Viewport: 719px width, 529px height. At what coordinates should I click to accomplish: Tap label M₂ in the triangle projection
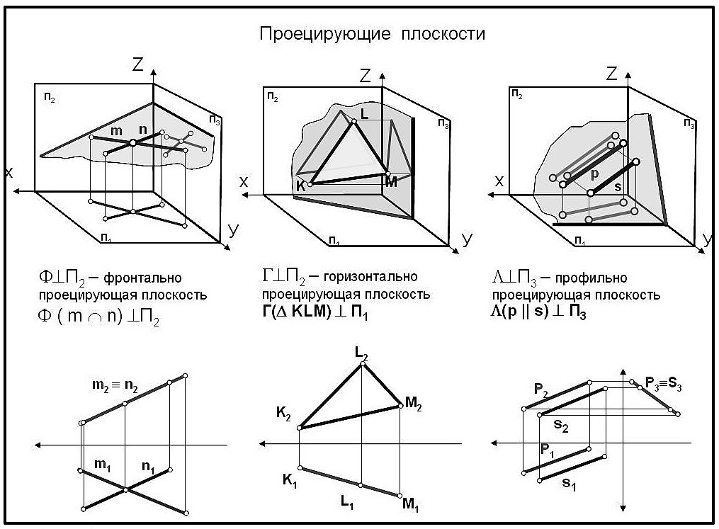414,403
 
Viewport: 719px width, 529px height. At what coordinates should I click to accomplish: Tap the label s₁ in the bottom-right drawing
568,483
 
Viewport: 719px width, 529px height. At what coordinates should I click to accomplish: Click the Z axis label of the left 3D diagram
138,64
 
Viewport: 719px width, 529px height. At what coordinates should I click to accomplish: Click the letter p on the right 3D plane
595,173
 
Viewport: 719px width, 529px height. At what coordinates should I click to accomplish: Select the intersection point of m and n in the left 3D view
132,143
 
